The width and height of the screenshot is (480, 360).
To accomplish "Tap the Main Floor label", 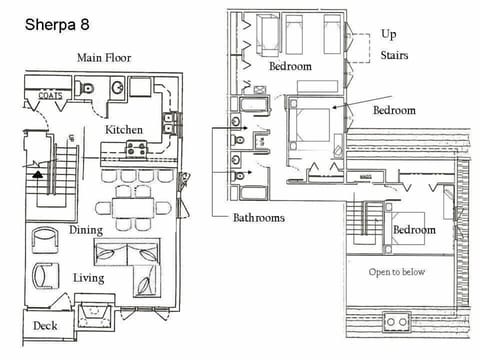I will coord(104,58).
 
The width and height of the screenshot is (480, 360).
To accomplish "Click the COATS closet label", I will coord(50,96).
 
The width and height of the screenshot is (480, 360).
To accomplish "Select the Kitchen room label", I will coord(125,130).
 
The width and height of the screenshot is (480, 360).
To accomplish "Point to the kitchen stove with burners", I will coord(137,149).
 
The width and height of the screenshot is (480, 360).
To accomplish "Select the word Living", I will coord(89,277).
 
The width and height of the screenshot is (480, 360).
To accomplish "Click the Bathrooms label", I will coord(259,216).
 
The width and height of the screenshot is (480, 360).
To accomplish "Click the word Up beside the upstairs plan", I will coord(388,34).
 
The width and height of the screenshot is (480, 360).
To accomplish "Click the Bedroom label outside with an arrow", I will coord(395,110).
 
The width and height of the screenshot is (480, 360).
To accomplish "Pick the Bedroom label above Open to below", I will coord(414,230).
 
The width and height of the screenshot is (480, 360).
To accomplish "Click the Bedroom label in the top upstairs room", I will coord(290,66).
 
